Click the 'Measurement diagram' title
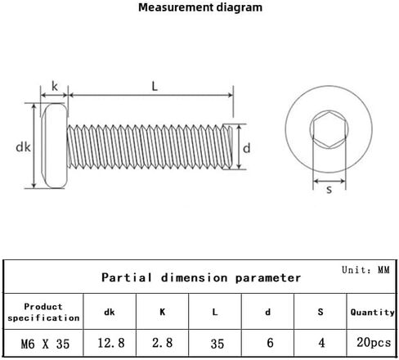point(200,7)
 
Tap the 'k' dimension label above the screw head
point(55,87)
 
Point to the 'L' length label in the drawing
point(155,87)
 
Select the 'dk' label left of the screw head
point(23,147)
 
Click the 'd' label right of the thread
point(246,148)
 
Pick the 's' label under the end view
point(330,189)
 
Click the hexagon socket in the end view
point(330,129)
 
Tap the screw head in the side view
point(55,146)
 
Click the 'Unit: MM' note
point(365,270)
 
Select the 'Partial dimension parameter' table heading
point(201,277)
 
